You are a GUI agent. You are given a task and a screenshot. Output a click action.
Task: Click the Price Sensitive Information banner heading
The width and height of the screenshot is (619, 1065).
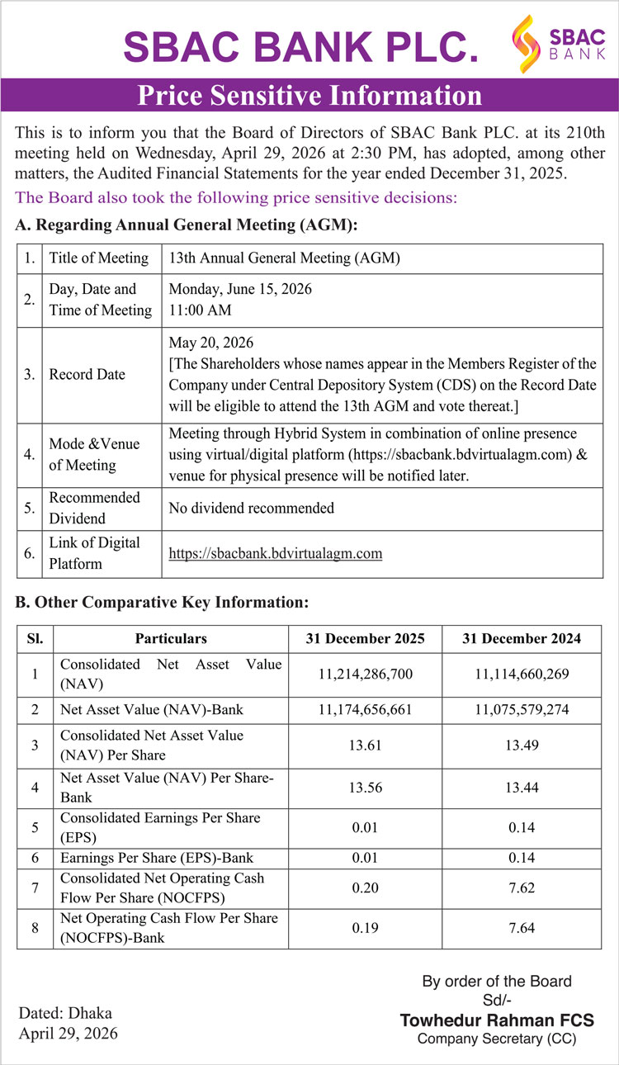(309, 96)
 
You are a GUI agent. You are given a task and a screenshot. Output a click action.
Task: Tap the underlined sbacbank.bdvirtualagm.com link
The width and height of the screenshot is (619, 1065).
(276, 553)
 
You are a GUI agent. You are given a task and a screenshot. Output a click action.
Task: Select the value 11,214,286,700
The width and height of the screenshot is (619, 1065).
(365, 674)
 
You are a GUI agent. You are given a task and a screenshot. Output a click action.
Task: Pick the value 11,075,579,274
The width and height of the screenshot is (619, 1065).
(522, 709)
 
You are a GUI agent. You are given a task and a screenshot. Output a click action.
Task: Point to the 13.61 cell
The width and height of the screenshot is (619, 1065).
(365, 745)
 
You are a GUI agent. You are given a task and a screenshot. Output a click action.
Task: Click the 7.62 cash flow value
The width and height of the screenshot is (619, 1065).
(522, 887)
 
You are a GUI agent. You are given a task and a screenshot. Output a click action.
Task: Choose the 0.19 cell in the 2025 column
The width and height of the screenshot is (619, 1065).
(365, 928)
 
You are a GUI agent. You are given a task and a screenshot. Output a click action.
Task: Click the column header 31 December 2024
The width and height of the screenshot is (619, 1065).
(522, 638)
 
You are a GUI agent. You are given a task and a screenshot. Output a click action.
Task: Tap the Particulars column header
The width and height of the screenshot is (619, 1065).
(171, 638)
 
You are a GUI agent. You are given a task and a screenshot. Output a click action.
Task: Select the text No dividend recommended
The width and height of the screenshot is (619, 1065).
(251, 508)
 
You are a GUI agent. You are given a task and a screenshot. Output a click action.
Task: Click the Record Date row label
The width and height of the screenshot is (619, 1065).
(87, 374)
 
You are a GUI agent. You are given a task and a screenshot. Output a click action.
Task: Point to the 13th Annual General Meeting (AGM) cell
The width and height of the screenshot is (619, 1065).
(284, 258)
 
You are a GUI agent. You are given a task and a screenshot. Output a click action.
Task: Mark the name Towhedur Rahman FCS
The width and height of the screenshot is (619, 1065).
(497, 1020)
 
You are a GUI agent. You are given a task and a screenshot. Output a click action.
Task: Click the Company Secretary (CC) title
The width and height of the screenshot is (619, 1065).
(497, 1039)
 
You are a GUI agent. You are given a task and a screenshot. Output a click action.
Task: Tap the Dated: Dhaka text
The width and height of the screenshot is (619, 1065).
(65, 1013)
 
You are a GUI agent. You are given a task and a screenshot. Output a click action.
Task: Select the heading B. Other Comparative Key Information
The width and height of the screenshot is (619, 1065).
(163, 603)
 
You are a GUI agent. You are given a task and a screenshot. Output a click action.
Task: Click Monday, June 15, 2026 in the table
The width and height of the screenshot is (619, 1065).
(240, 290)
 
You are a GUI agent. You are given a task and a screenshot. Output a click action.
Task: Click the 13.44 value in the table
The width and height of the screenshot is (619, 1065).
(522, 788)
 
